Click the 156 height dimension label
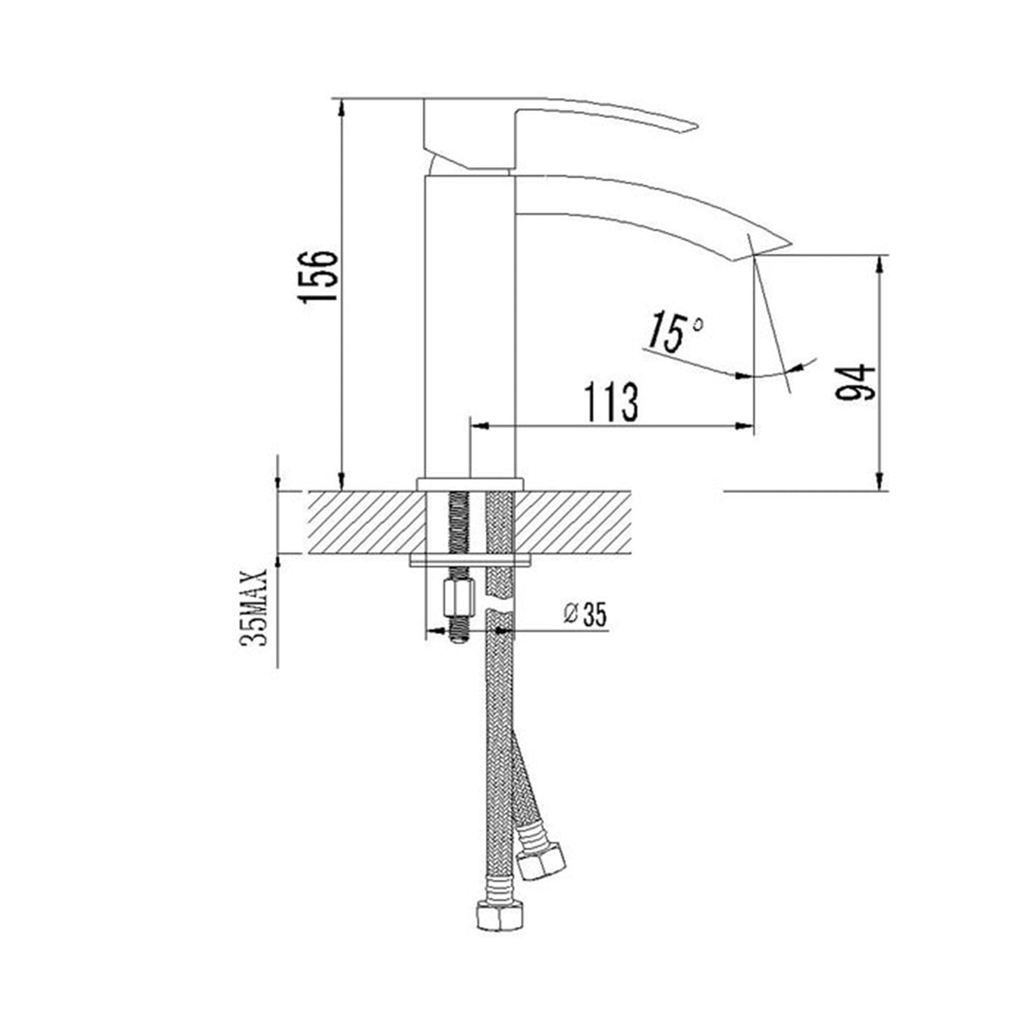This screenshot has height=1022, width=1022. [318, 276]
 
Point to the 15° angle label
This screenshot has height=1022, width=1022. [675, 332]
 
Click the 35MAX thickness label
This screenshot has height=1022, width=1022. [253, 608]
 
